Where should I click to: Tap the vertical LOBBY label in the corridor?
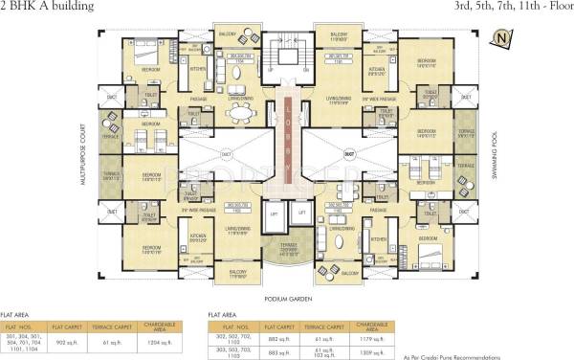click(x=288, y=144)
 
